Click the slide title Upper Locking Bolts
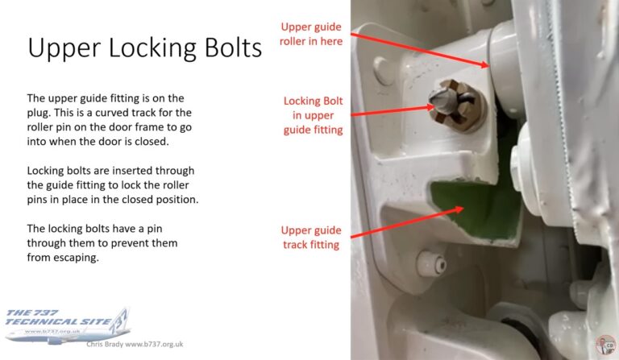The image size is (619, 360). click(x=145, y=48)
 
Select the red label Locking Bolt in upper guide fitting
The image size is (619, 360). click(x=313, y=114)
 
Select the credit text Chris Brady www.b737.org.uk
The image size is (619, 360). click(x=135, y=344)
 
